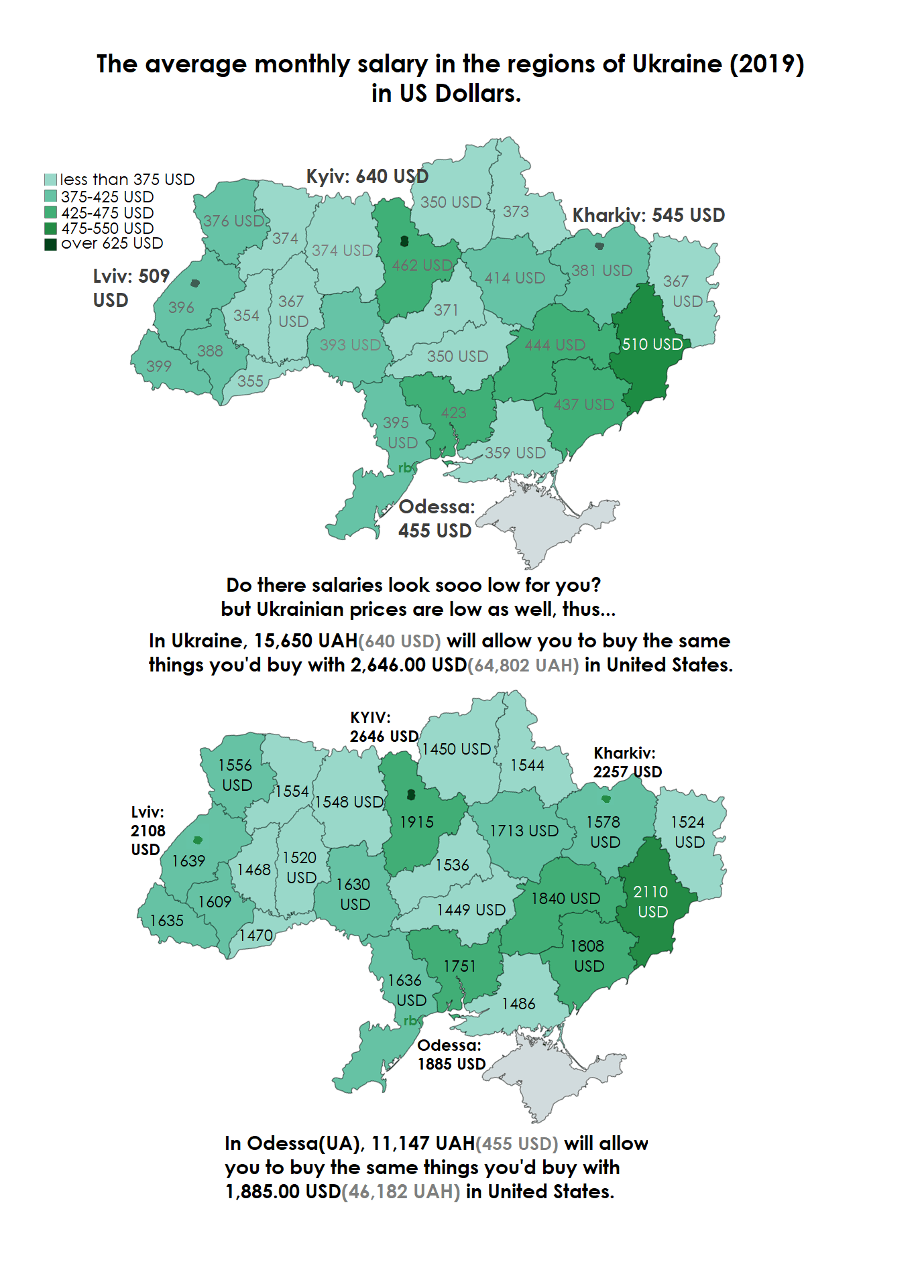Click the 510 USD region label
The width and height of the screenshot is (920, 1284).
652,344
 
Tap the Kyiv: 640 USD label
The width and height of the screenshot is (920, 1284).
367,176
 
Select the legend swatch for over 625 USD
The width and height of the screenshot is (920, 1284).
50,244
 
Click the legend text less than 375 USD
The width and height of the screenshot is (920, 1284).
127,180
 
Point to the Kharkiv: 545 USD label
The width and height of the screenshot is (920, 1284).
648,215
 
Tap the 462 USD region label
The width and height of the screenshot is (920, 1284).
422,265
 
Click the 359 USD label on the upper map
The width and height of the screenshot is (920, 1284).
515,453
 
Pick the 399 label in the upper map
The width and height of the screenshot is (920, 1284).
159,367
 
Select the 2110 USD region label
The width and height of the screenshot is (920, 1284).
651,901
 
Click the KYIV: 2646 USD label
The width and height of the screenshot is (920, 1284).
384,727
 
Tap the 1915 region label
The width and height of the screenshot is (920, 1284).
416,822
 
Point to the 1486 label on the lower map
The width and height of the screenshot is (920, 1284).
518,1004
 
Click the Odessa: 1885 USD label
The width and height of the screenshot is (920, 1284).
451,1055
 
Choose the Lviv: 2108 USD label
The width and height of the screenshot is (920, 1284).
148,831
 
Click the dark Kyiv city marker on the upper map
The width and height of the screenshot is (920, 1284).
404,241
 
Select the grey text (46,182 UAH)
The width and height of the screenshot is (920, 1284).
401,1192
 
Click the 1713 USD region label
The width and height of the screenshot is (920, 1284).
524,831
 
